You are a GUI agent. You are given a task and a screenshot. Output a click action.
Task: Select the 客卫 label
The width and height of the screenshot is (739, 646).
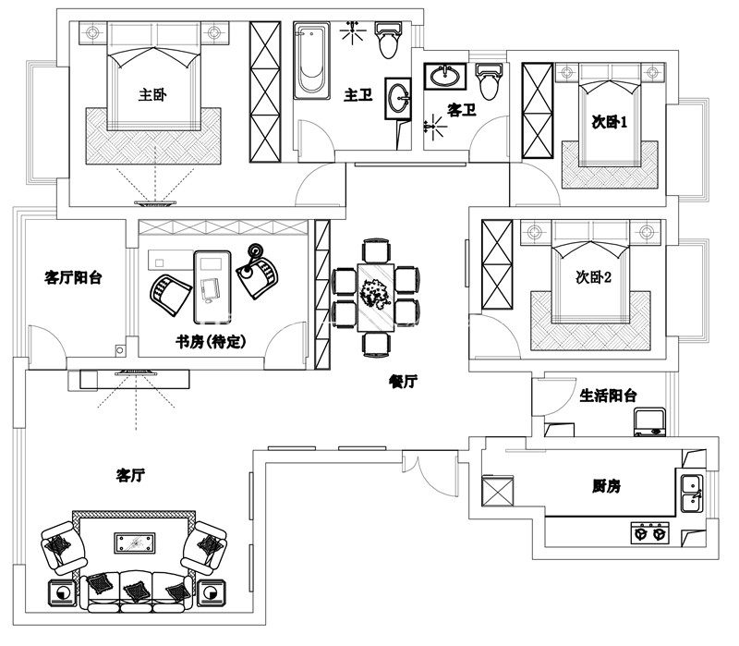[x=461, y=110]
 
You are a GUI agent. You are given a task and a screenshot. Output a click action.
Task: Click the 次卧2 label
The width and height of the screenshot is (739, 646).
[x=594, y=277]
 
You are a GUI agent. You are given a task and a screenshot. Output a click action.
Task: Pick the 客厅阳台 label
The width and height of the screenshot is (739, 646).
[x=73, y=276]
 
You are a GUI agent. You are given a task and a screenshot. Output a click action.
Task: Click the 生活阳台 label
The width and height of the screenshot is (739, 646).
[x=608, y=396]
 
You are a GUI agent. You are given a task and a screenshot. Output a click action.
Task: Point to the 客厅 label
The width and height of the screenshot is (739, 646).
[x=130, y=476]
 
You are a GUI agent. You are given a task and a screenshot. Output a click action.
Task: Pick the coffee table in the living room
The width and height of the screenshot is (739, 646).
[x=135, y=542]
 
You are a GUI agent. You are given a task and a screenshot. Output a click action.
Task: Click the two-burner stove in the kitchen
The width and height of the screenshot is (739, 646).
[x=648, y=533]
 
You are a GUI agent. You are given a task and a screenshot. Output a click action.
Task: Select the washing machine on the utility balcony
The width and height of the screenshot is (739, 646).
[x=649, y=422]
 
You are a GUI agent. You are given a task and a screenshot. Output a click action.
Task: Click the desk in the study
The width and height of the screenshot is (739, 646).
[x=212, y=275]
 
